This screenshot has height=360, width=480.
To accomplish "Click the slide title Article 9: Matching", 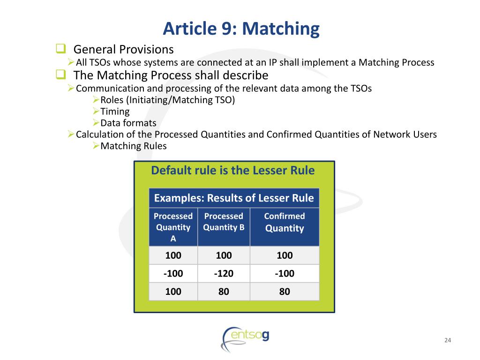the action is (x=241, y=29).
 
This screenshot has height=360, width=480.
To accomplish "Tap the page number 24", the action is (x=447, y=340).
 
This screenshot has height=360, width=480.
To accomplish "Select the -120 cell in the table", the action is (x=224, y=273).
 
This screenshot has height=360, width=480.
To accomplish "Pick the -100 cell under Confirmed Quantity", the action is (x=285, y=273).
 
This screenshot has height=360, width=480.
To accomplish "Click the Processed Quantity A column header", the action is (x=173, y=227).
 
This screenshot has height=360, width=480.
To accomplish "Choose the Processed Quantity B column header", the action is (x=224, y=222).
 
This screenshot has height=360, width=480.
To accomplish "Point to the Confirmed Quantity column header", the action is (x=285, y=222).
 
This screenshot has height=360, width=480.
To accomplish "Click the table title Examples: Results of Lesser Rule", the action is (x=234, y=198).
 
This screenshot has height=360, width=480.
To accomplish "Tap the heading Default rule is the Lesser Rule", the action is (x=233, y=170).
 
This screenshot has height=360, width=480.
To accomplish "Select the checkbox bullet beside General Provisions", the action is (x=60, y=48).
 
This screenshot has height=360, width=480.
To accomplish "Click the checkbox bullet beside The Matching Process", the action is (x=60, y=74).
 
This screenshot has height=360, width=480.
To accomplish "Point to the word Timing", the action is (x=115, y=112).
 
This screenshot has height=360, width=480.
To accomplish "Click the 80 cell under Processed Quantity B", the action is (x=224, y=291).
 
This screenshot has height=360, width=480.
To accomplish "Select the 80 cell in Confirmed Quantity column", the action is (x=285, y=291).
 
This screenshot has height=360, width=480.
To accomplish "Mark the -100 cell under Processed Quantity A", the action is (x=173, y=273).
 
